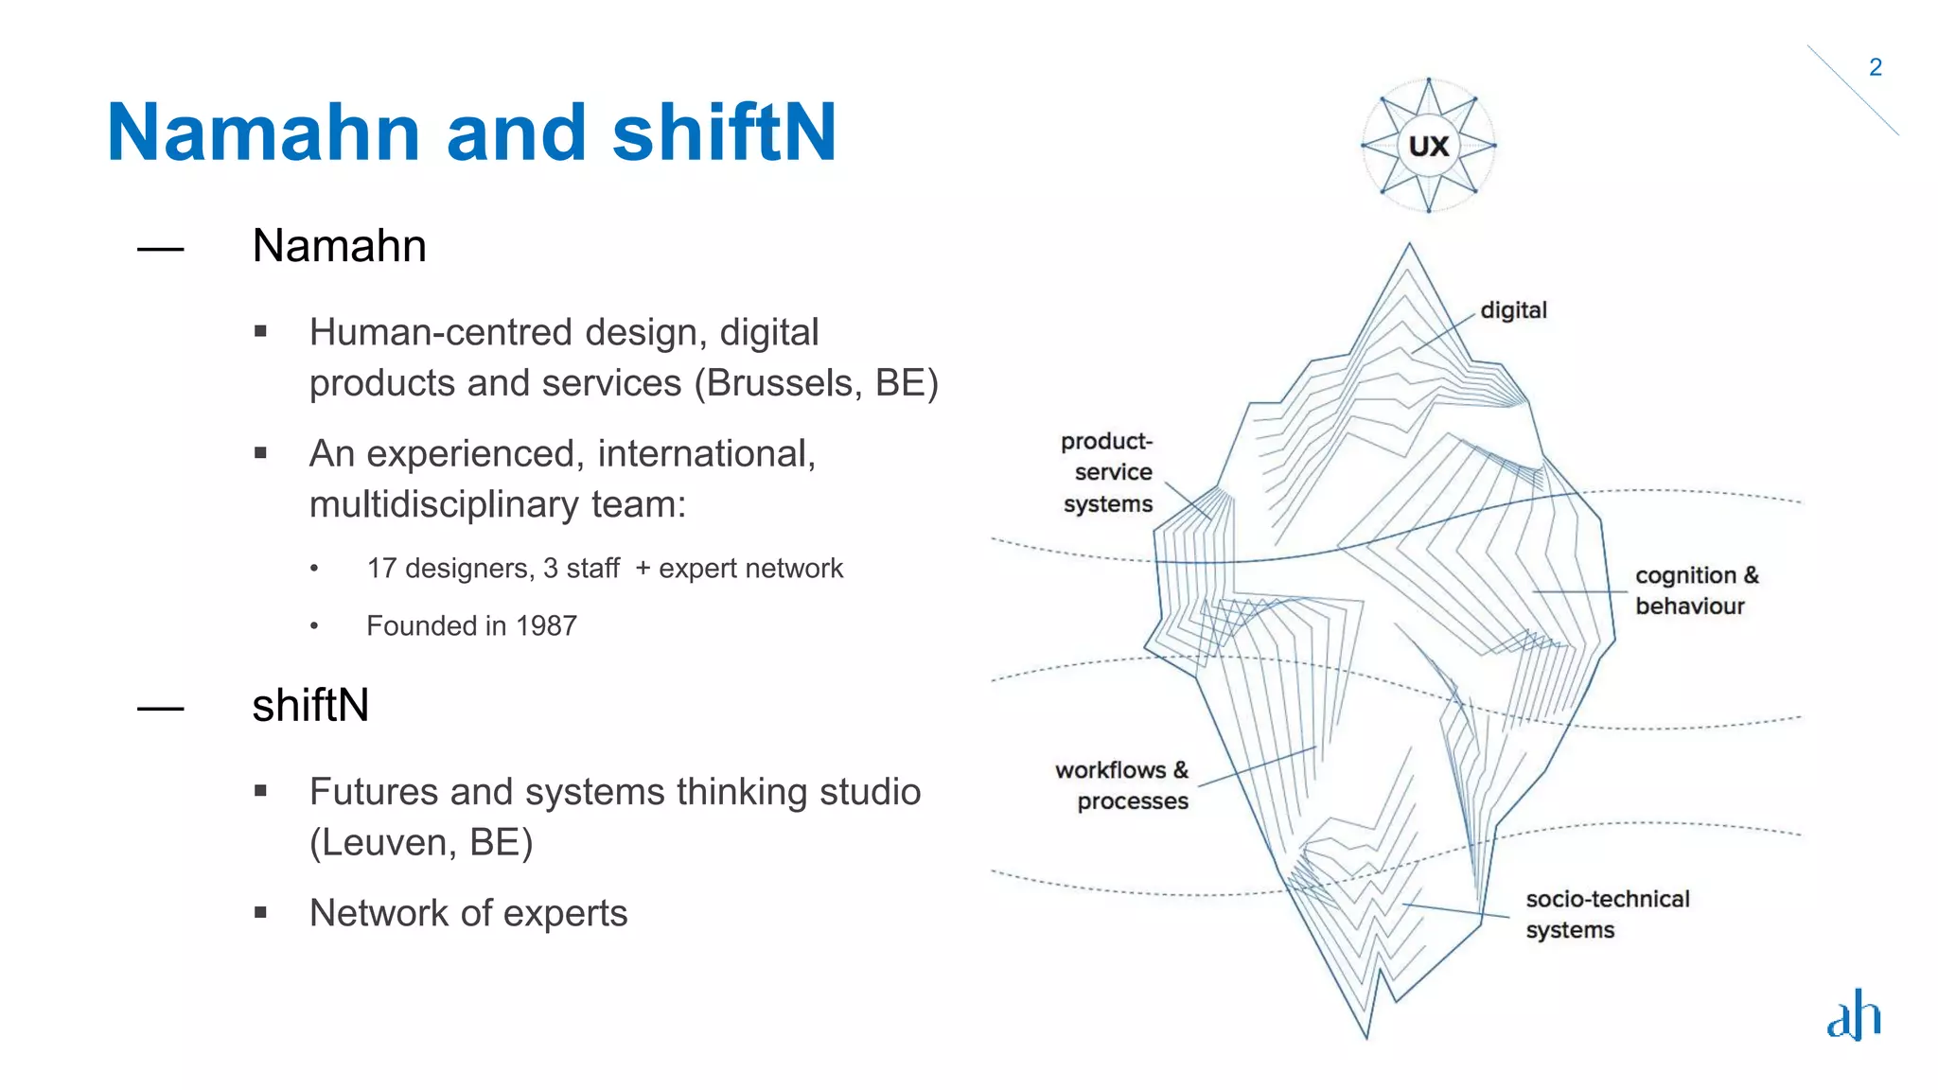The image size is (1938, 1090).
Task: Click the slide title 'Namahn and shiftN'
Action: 471,132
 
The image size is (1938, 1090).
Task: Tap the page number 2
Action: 1875,67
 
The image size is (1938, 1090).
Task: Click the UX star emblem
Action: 1428,146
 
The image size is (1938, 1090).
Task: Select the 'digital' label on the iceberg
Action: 1513,310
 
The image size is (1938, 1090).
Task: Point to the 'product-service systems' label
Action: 1107,472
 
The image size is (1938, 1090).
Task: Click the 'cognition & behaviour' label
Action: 1696,590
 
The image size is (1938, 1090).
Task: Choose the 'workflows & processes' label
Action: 1122,785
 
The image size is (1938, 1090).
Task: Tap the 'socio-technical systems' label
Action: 1607,914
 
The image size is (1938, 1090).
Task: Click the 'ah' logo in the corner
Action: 1853,1015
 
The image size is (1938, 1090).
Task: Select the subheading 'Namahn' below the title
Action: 339,246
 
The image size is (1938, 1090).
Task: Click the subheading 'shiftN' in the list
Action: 310,706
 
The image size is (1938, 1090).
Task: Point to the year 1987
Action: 546,626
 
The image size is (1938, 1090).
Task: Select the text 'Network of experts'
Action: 468,914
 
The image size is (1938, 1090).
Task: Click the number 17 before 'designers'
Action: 381,569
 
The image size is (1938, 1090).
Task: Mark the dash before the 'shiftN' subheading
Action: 160,709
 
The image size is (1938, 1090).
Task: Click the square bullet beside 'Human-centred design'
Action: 260,331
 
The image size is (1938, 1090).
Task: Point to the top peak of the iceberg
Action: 1409,245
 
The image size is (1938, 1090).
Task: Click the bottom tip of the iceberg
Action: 1366,1037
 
